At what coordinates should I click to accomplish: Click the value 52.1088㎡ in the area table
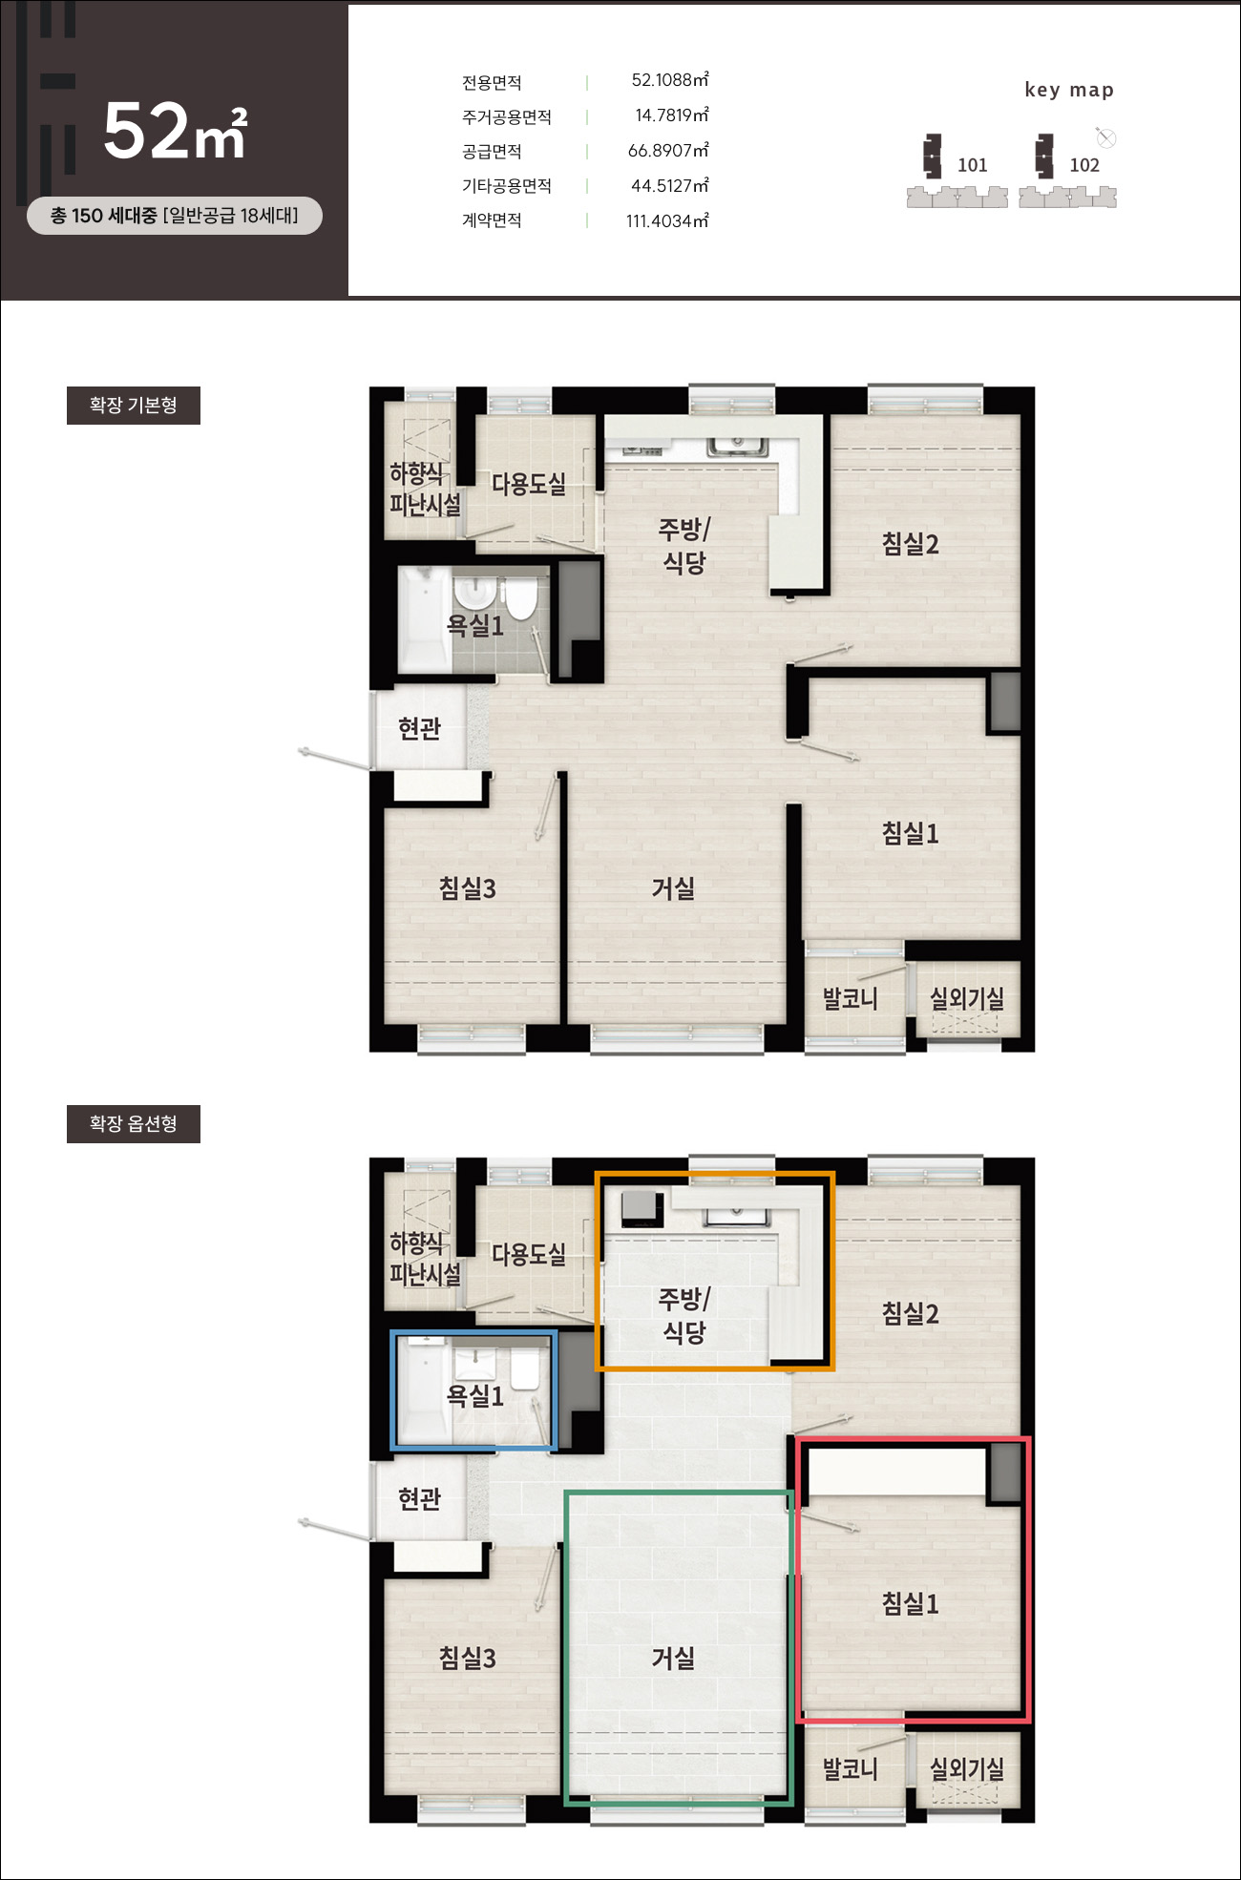(670, 80)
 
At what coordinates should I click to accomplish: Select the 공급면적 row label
(492, 152)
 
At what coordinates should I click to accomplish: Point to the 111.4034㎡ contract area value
(667, 221)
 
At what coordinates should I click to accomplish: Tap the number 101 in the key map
(972, 165)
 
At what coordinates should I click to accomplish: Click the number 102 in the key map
(1084, 165)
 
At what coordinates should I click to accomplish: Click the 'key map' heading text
(1069, 90)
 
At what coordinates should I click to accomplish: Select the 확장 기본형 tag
(134, 406)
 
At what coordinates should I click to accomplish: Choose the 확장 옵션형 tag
(134, 1124)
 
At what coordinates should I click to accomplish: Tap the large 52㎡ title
(176, 131)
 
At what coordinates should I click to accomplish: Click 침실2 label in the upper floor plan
(911, 544)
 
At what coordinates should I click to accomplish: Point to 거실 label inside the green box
(673, 1659)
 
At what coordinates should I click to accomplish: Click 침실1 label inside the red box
(911, 1603)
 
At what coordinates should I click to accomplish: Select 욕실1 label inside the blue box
(475, 1396)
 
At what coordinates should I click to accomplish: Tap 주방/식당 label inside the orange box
(684, 1315)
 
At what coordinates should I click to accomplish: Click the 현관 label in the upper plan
(419, 729)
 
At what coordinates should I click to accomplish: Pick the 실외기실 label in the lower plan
(967, 1769)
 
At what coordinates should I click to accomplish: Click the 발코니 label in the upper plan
(850, 999)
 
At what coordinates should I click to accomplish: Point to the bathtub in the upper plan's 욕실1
(424, 619)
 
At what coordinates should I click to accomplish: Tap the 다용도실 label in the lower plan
(529, 1254)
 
